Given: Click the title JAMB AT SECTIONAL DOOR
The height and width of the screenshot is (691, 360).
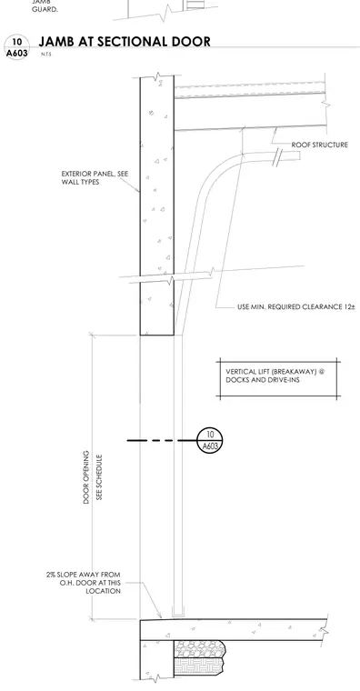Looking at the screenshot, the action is (125, 42).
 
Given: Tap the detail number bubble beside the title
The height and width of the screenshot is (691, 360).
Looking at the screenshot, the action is (16, 47).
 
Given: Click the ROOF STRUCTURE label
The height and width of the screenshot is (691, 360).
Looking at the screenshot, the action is (319, 145).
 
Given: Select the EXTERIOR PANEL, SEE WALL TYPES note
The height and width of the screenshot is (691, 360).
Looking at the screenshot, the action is (95, 177).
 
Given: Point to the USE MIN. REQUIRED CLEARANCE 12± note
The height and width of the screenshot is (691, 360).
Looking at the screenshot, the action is (296, 306).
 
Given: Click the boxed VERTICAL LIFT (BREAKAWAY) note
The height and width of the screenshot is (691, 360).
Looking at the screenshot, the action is (278, 379).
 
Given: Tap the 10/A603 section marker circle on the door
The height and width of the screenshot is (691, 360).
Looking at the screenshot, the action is (210, 440).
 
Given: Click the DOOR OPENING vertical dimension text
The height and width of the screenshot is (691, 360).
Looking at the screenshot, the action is (86, 476).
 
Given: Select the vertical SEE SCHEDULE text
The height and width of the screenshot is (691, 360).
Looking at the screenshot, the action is (99, 477).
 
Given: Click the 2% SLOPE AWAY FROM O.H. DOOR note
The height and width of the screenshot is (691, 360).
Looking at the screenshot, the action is (84, 583).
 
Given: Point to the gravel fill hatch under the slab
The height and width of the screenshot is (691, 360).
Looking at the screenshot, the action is (199, 648).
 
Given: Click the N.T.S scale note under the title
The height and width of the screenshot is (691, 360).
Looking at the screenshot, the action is (45, 55).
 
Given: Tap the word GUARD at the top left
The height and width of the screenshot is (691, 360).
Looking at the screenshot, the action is (45, 9).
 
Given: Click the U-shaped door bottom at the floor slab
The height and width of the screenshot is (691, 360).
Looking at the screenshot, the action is (178, 613).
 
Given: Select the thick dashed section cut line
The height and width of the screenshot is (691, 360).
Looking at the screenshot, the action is (162, 440).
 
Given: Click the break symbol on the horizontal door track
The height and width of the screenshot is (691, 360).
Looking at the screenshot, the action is (277, 157).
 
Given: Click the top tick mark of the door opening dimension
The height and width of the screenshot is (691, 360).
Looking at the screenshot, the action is (92, 335).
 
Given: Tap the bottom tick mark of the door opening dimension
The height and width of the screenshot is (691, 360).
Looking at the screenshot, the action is (92, 619).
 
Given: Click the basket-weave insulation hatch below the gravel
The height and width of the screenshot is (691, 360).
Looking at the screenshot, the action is (199, 666).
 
